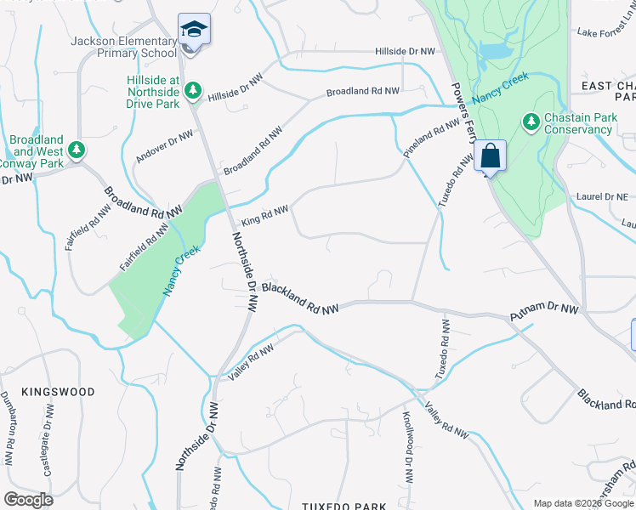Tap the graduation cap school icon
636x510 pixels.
click(x=194, y=30)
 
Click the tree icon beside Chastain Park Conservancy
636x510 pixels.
click(x=531, y=122)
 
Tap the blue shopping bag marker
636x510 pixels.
click(x=490, y=156)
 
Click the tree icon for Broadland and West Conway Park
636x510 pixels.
click(x=77, y=150)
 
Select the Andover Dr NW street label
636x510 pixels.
click(x=163, y=146)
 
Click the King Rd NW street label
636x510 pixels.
click(x=264, y=214)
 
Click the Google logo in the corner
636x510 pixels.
click(x=28, y=500)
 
